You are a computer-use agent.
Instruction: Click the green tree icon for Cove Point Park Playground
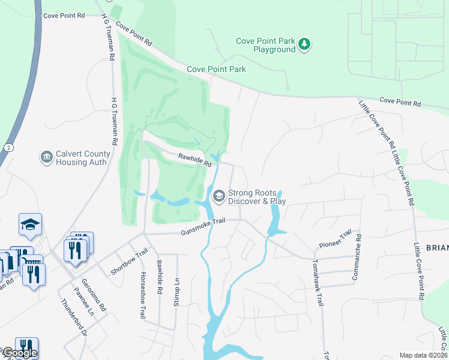tap(305, 43)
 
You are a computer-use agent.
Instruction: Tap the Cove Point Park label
tap(216, 69)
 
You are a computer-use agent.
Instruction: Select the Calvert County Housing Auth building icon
tap(46, 157)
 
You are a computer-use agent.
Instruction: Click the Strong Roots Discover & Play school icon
tap(218, 195)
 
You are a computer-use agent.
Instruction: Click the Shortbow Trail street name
tap(129, 262)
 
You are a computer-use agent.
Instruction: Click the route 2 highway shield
tap(7, 147)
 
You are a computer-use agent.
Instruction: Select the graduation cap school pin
tap(30, 224)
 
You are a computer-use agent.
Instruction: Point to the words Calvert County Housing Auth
tap(81, 158)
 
